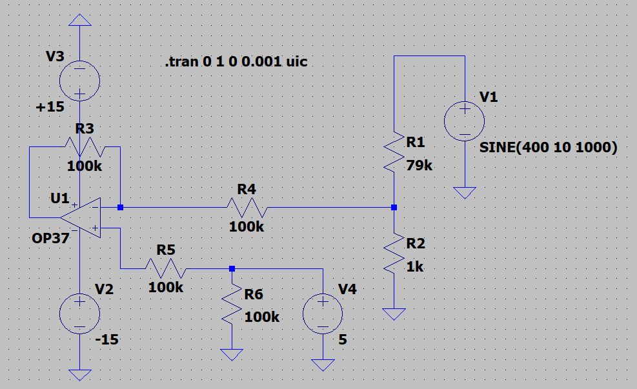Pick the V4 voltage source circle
pyautogui.click(x=323, y=315)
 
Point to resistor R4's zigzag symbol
pyautogui.click(x=246, y=208)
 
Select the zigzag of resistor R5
pyautogui.click(x=166, y=268)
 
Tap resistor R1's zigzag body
pyautogui.click(x=394, y=154)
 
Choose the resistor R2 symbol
pyautogui.click(x=394, y=254)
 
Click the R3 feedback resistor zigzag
pyautogui.click(x=84, y=147)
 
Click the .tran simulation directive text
pyautogui.click(x=236, y=63)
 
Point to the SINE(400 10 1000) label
pyautogui.click(x=548, y=148)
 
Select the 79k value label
pyautogui.click(x=420, y=166)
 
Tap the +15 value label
pyautogui.click(x=50, y=107)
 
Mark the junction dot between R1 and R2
pyautogui.click(x=394, y=208)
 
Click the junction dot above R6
pyautogui.click(x=232, y=268)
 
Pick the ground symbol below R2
pyautogui.click(x=394, y=314)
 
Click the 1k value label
pyautogui.click(x=415, y=266)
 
